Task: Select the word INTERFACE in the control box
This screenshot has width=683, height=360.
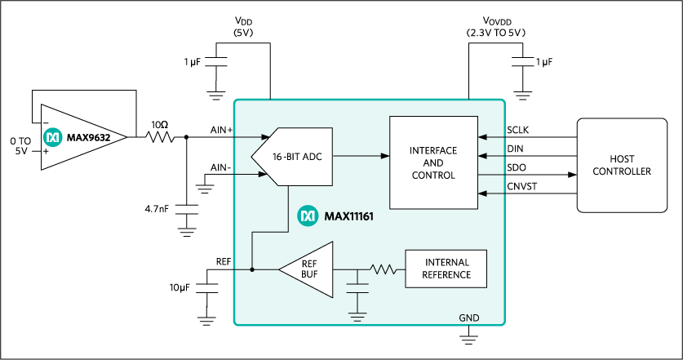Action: (x=432, y=151)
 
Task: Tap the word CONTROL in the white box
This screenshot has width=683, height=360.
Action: (x=432, y=176)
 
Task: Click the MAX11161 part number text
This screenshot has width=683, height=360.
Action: (x=348, y=216)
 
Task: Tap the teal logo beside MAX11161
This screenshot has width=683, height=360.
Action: (x=308, y=216)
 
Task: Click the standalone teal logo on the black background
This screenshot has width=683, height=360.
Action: (x=53, y=137)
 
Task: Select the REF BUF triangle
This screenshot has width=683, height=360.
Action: (x=308, y=269)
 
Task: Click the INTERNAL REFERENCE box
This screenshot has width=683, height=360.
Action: (x=446, y=269)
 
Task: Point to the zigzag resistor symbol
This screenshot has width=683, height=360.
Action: (x=382, y=269)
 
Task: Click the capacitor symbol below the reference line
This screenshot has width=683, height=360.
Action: (x=357, y=287)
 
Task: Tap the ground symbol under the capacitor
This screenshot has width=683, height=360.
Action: (x=357, y=315)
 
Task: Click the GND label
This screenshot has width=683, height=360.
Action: (x=468, y=318)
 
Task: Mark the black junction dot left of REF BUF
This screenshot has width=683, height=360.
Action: (x=252, y=269)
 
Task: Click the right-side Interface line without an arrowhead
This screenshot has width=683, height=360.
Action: (x=492, y=174)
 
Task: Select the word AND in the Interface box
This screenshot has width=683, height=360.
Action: (x=432, y=163)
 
